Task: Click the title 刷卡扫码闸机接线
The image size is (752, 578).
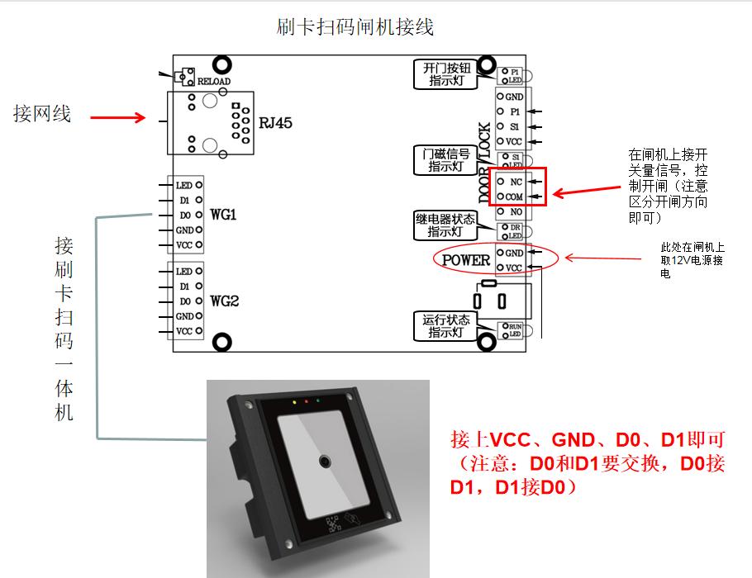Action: coord(355,26)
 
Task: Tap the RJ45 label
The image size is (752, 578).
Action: coord(276,123)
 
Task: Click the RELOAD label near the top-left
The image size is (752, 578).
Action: coord(213,81)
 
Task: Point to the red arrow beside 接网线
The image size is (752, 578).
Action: coord(117,118)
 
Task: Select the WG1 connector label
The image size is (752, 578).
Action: coord(223,216)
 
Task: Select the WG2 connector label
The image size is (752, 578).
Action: coord(224,301)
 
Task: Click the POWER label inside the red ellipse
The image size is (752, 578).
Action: coord(466,261)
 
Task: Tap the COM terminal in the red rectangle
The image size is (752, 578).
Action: coord(514,197)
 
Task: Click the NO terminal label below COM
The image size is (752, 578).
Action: coord(516,212)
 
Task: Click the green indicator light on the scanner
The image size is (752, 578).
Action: coord(318,403)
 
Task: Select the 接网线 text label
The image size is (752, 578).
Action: coord(42,113)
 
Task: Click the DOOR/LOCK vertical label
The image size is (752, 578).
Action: coord(485,163)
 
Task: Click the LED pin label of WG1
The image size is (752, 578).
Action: coord(183,186)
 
